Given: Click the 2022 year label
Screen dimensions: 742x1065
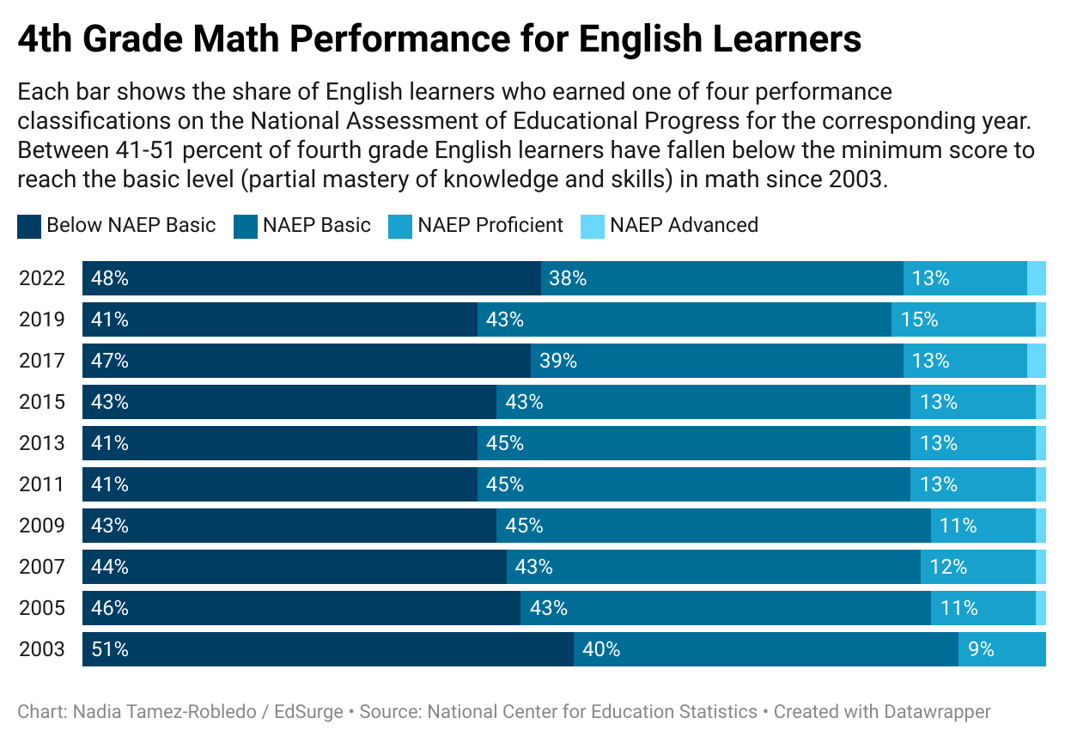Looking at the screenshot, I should [42, 278].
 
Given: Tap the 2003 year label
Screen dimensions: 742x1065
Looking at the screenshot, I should [42, 649].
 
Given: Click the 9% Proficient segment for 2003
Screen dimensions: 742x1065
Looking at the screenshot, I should [1001, 649].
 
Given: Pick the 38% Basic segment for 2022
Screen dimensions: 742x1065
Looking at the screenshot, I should [721, 278].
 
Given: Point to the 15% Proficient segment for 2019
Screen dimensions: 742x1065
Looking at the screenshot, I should [963, 319].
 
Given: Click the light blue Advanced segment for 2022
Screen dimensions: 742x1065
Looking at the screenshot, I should [1037, 278].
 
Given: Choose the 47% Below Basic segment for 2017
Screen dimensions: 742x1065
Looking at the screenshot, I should [307, 361].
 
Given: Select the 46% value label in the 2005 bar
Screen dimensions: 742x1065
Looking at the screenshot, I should [110, 608].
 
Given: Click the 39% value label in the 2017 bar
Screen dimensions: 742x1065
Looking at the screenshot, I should [558, 361].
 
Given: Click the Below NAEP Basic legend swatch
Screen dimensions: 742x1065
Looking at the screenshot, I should [29, 227].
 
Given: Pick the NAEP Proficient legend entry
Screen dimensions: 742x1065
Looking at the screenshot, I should [490, 226].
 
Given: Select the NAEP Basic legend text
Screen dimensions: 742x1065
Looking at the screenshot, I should [317, 226].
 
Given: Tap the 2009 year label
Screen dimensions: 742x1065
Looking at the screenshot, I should [42, 526].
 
